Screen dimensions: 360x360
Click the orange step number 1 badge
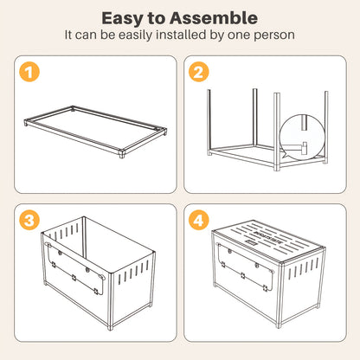coord(29,72)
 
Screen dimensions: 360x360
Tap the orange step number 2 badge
coord(199,72)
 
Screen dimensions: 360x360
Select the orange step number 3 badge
coord(29,220)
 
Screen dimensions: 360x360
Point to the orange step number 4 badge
coord(199,220)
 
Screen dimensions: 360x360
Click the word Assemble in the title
coord(214,18)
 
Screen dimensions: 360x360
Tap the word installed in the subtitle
coord(181,35)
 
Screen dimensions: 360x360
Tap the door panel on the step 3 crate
coord(74,268)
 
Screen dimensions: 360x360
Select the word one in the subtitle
coord(239,35)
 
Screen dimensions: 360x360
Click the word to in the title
coord(157,19)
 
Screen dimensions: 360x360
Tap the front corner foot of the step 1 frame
coord(122,154)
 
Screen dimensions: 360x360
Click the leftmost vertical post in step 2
coord(209,122)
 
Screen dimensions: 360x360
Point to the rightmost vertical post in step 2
coord(326,127)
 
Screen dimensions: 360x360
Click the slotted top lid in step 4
coord(268,240)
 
